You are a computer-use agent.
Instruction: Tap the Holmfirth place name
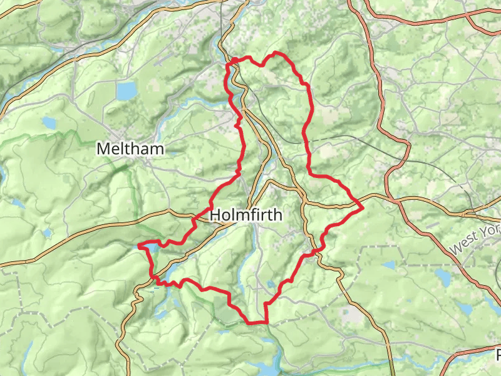click(246, 215)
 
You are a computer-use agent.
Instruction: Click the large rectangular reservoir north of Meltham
click(126, 91)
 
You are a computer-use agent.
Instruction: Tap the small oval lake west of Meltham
click(49, 122)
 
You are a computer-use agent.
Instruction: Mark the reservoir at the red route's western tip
click(145, 249)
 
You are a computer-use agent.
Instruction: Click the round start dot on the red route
click(233, 61)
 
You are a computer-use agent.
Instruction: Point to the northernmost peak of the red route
click(276, 53)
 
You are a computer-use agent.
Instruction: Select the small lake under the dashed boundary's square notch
click(388, 265)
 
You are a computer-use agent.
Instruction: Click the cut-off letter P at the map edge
click(498, 355)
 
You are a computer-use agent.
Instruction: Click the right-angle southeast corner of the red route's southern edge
click(267, 323)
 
